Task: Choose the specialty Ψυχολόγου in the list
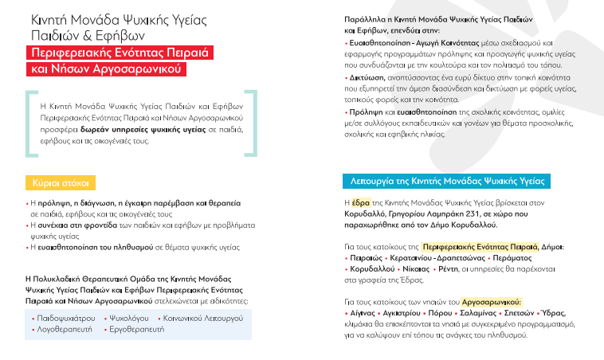126,317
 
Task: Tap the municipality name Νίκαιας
415,271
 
